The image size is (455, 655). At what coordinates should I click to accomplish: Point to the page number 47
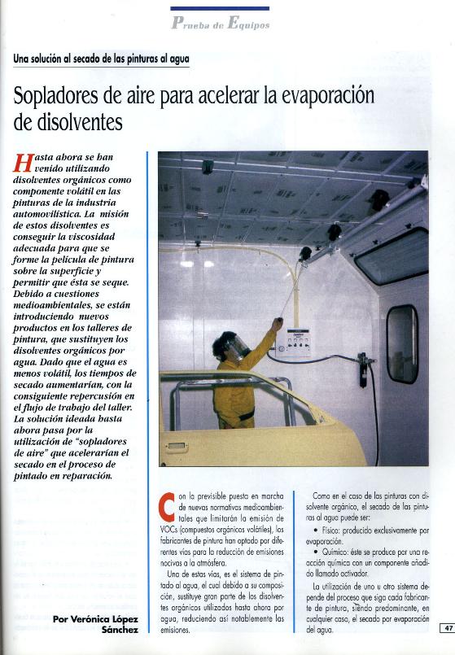click(448, 627)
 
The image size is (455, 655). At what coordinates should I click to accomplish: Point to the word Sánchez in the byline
click(120, 630)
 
